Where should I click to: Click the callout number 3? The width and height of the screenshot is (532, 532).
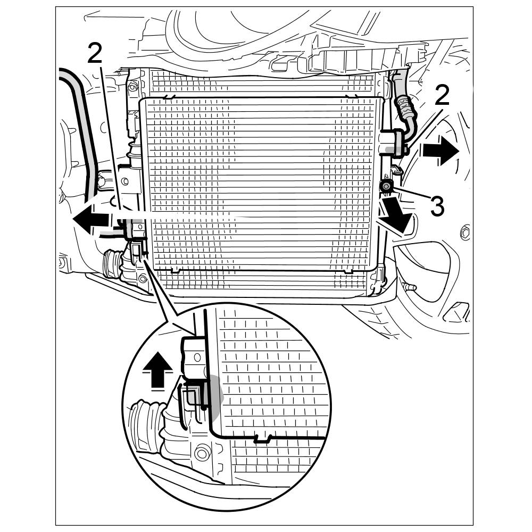pos(437,206)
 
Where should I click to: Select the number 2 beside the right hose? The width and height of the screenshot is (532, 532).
pos(442,96)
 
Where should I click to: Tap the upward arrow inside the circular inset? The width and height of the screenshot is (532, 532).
pos(159,370)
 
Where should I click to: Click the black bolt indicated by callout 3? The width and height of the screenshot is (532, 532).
pos(386,186)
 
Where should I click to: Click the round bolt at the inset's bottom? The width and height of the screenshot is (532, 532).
pos(201,454)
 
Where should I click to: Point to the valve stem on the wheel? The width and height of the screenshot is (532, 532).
pos(410,287)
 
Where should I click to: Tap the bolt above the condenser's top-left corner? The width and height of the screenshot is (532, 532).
pos(132,86)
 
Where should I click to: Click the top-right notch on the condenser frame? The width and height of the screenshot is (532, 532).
pos(350,97)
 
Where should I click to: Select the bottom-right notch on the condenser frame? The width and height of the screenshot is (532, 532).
pos(348,271)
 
